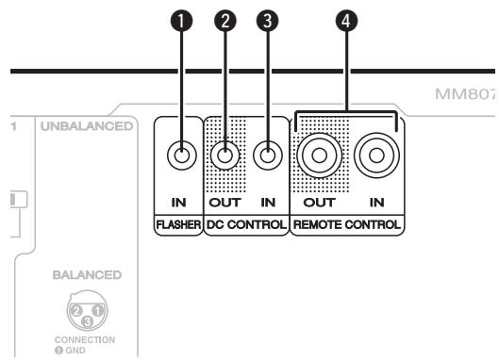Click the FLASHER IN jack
179,154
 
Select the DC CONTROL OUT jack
225,154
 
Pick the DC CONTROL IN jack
269,154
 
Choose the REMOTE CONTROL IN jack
377,154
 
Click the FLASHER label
179,226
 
